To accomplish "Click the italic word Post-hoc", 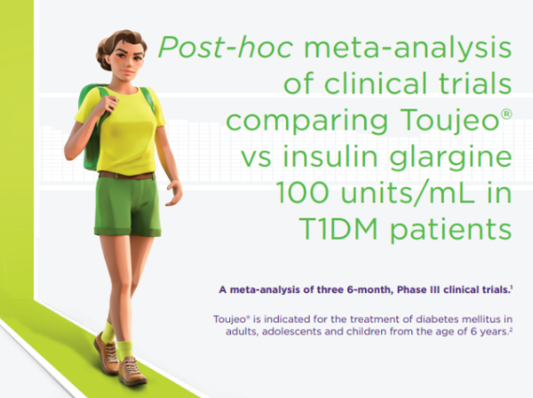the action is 226,47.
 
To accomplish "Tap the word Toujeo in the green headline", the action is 449,120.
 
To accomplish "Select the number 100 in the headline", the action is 302,193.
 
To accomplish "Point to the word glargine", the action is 450,158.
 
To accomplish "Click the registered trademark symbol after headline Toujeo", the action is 506,114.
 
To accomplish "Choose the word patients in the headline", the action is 450,230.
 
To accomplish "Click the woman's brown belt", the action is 127,176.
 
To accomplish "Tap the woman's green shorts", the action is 127,207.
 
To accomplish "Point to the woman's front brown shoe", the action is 133,370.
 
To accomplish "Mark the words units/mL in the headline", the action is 407,193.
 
